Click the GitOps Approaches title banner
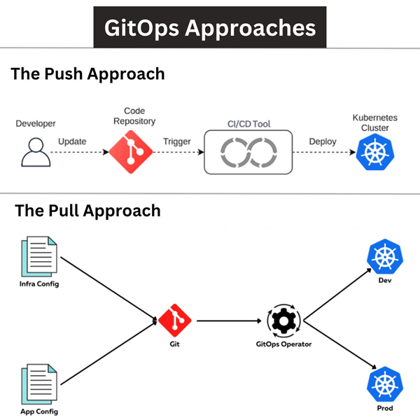210,27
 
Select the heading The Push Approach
87,73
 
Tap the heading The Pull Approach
87,210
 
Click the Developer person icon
34,152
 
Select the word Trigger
177,141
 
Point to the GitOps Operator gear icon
283,321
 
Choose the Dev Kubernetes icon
383,258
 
